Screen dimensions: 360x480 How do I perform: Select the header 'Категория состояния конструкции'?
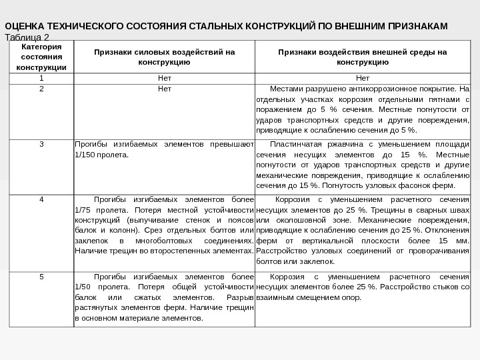(41, 57)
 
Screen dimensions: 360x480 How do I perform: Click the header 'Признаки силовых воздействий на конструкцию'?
(164, 57)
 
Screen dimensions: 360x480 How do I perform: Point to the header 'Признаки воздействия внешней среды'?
(363, 57)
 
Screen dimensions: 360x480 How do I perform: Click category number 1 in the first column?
(41, 77)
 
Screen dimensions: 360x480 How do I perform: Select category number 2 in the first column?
(41, 88)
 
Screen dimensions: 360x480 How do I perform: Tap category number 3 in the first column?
(41, 144)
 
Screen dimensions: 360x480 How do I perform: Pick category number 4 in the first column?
(41, 199)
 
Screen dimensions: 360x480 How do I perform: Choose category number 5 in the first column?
(41, 276)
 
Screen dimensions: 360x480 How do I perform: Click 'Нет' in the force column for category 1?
(164, 77)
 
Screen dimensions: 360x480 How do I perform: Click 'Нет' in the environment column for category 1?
(363, 77)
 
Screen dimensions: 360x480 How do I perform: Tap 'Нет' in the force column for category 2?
(164, 88)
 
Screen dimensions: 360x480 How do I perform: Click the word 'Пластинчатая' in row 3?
(296, 144)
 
